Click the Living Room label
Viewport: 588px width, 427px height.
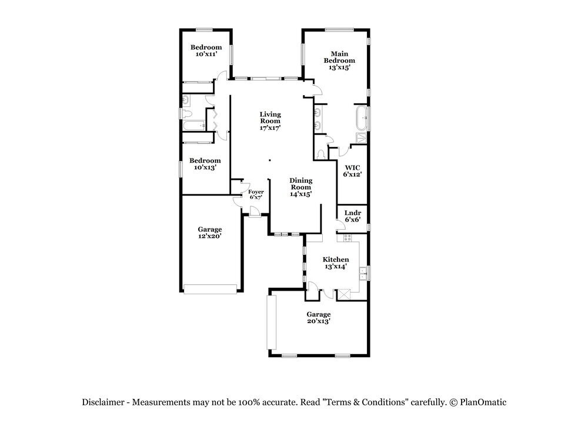[270, 117]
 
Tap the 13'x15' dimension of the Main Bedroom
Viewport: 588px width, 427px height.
[339, 68]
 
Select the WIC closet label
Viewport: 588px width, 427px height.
[352, 167]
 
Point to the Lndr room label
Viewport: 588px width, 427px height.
[352, 213]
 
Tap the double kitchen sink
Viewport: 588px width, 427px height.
[363, 274]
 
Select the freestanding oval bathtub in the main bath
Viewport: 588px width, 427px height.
[362, 117]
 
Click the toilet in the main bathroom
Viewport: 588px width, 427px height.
[321, 154]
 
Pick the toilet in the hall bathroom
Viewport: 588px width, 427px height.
[186, 113]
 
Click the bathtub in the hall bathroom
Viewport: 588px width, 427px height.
[194, 126]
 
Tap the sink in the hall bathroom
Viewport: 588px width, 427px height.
[186, 99]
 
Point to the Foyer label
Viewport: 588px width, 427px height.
[256, 192]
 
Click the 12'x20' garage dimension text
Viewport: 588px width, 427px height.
[210, 236]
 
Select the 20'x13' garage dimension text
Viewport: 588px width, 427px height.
[318, 321]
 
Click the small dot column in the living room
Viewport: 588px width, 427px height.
[270, 160]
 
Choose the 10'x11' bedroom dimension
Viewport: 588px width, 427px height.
[206, 54]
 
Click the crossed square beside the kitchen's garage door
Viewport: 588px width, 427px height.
[344, 294]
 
